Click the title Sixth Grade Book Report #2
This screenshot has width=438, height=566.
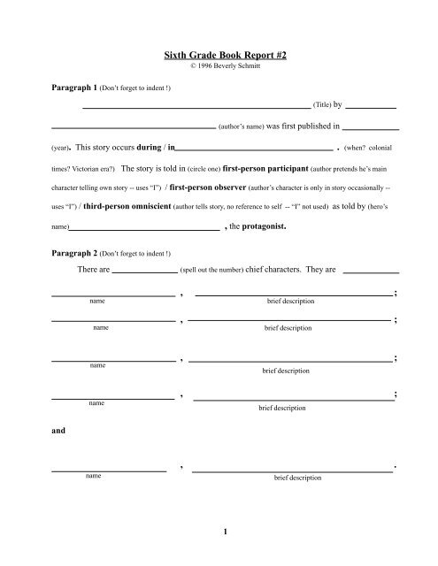pos(219,55)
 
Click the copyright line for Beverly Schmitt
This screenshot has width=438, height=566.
pos(219,66)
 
